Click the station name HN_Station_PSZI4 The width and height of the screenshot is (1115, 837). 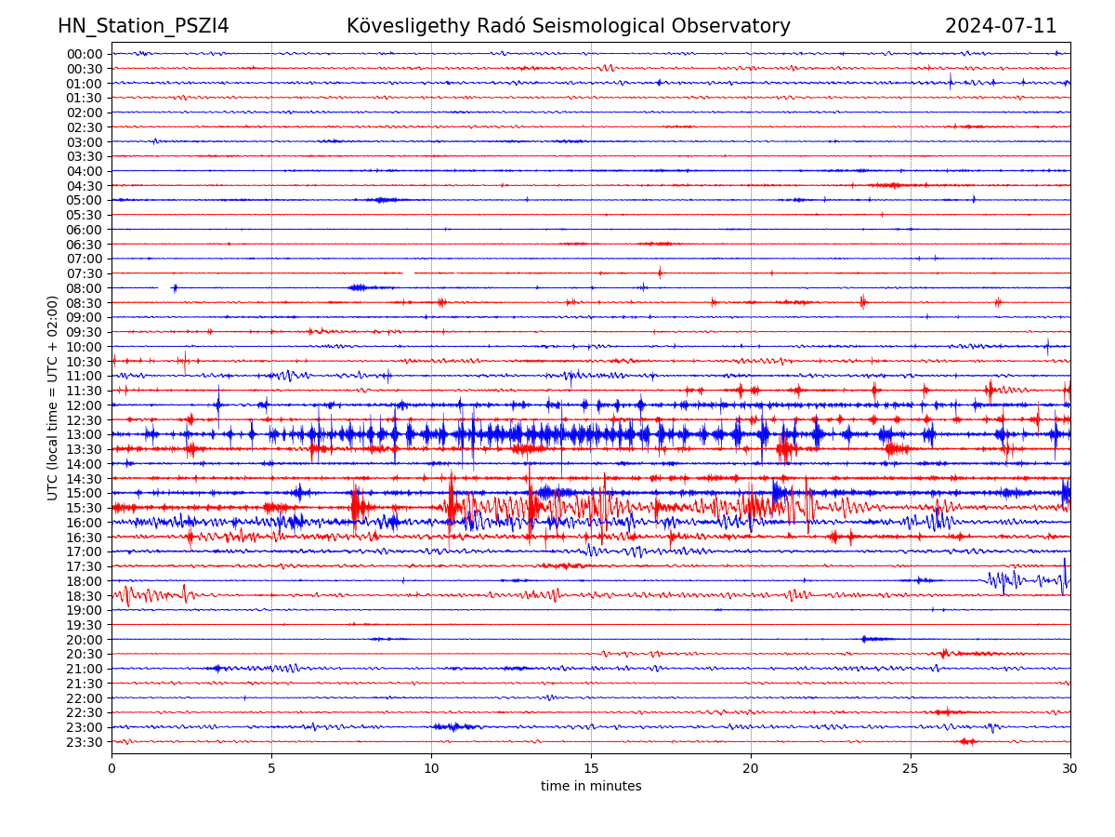click(143, 27)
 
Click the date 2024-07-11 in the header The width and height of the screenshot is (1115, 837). click(1001, 27)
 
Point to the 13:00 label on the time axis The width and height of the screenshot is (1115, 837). click(85, 435)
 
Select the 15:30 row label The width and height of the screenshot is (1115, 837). click(85, 509)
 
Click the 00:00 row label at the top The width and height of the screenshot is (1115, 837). click(85, 54)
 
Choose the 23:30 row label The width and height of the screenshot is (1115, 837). click(85, 742)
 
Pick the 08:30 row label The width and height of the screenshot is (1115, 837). click(85, 303)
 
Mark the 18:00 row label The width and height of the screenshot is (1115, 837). click(85, 581)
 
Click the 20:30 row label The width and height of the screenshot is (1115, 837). click(85, 655)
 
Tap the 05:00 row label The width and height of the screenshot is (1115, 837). click(85, 201)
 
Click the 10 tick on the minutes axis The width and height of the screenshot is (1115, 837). click(431, 769)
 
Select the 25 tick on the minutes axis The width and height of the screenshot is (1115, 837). click(911, 769)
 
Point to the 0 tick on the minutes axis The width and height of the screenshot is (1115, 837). click(111, 769)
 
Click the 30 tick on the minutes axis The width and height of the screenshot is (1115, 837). click(1070, 769)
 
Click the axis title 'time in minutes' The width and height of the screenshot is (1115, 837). click(591, 787)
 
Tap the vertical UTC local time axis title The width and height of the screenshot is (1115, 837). click(53, 398)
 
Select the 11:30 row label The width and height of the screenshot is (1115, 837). click(85, 392)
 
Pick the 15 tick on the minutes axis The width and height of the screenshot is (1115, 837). click(591, 769)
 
